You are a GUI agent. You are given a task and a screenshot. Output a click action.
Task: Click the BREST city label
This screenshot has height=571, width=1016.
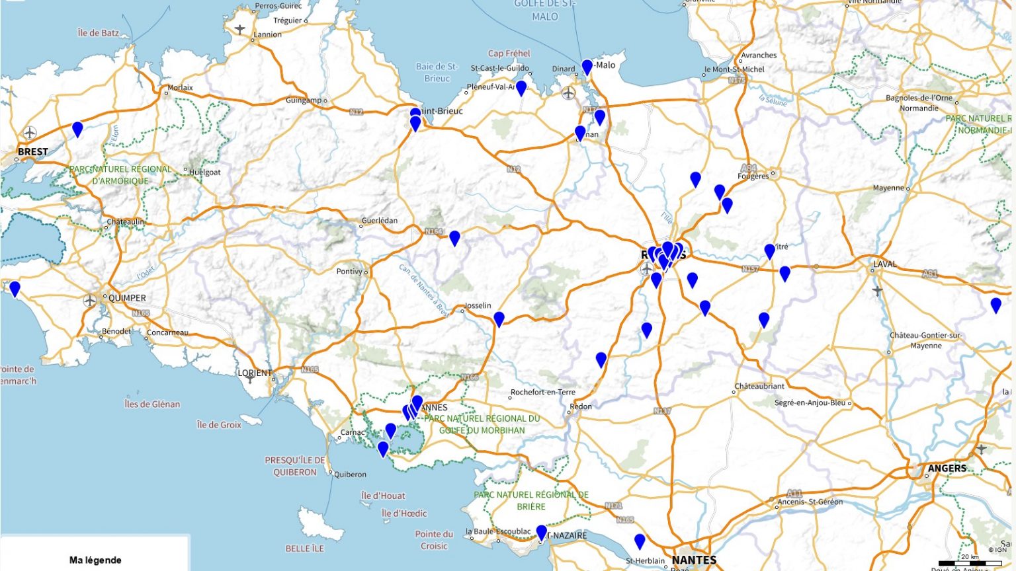[32, 151]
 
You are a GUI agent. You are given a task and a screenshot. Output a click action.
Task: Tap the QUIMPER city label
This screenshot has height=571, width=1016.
[127, 298]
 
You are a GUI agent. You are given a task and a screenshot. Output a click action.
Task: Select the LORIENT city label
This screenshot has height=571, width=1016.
[255, 373]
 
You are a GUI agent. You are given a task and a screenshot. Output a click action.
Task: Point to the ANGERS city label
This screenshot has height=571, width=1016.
[947, 468]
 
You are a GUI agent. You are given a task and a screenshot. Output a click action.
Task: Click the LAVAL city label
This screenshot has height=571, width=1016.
[884, 264]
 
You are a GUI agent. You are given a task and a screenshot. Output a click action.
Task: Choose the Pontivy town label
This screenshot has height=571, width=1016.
[350, 271]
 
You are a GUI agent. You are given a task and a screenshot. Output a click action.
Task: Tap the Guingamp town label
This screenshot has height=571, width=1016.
[304, 100]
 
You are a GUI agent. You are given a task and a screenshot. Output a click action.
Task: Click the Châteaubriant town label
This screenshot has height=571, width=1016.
[759, 387]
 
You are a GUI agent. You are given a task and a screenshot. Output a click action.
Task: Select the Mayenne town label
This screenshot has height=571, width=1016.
[888, 188]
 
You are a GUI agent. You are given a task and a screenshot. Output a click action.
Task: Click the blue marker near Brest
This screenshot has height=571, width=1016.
[77, 129]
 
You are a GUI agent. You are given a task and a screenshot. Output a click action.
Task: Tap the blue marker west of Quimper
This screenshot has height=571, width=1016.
[15, 289]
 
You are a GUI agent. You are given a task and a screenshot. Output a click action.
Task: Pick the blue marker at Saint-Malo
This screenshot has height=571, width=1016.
[587, 67]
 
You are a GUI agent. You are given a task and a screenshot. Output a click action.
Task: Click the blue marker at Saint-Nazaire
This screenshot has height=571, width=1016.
[541, 533]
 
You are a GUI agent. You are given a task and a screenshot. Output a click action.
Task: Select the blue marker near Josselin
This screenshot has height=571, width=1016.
[499, 319]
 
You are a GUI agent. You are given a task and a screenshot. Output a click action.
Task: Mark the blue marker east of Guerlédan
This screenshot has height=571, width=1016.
[454, 238]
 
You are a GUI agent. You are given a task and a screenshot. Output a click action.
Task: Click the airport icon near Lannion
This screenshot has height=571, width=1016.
[239, 29]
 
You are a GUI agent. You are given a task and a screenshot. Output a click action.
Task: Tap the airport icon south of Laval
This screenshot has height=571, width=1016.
[877, 290]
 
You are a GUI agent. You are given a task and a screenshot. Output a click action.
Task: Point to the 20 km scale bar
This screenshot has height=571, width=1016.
[970, 563]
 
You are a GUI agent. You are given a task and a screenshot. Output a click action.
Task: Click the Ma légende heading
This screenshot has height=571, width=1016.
[95, 560]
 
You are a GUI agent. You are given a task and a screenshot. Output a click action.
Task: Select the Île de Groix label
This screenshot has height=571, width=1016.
[219, 425]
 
